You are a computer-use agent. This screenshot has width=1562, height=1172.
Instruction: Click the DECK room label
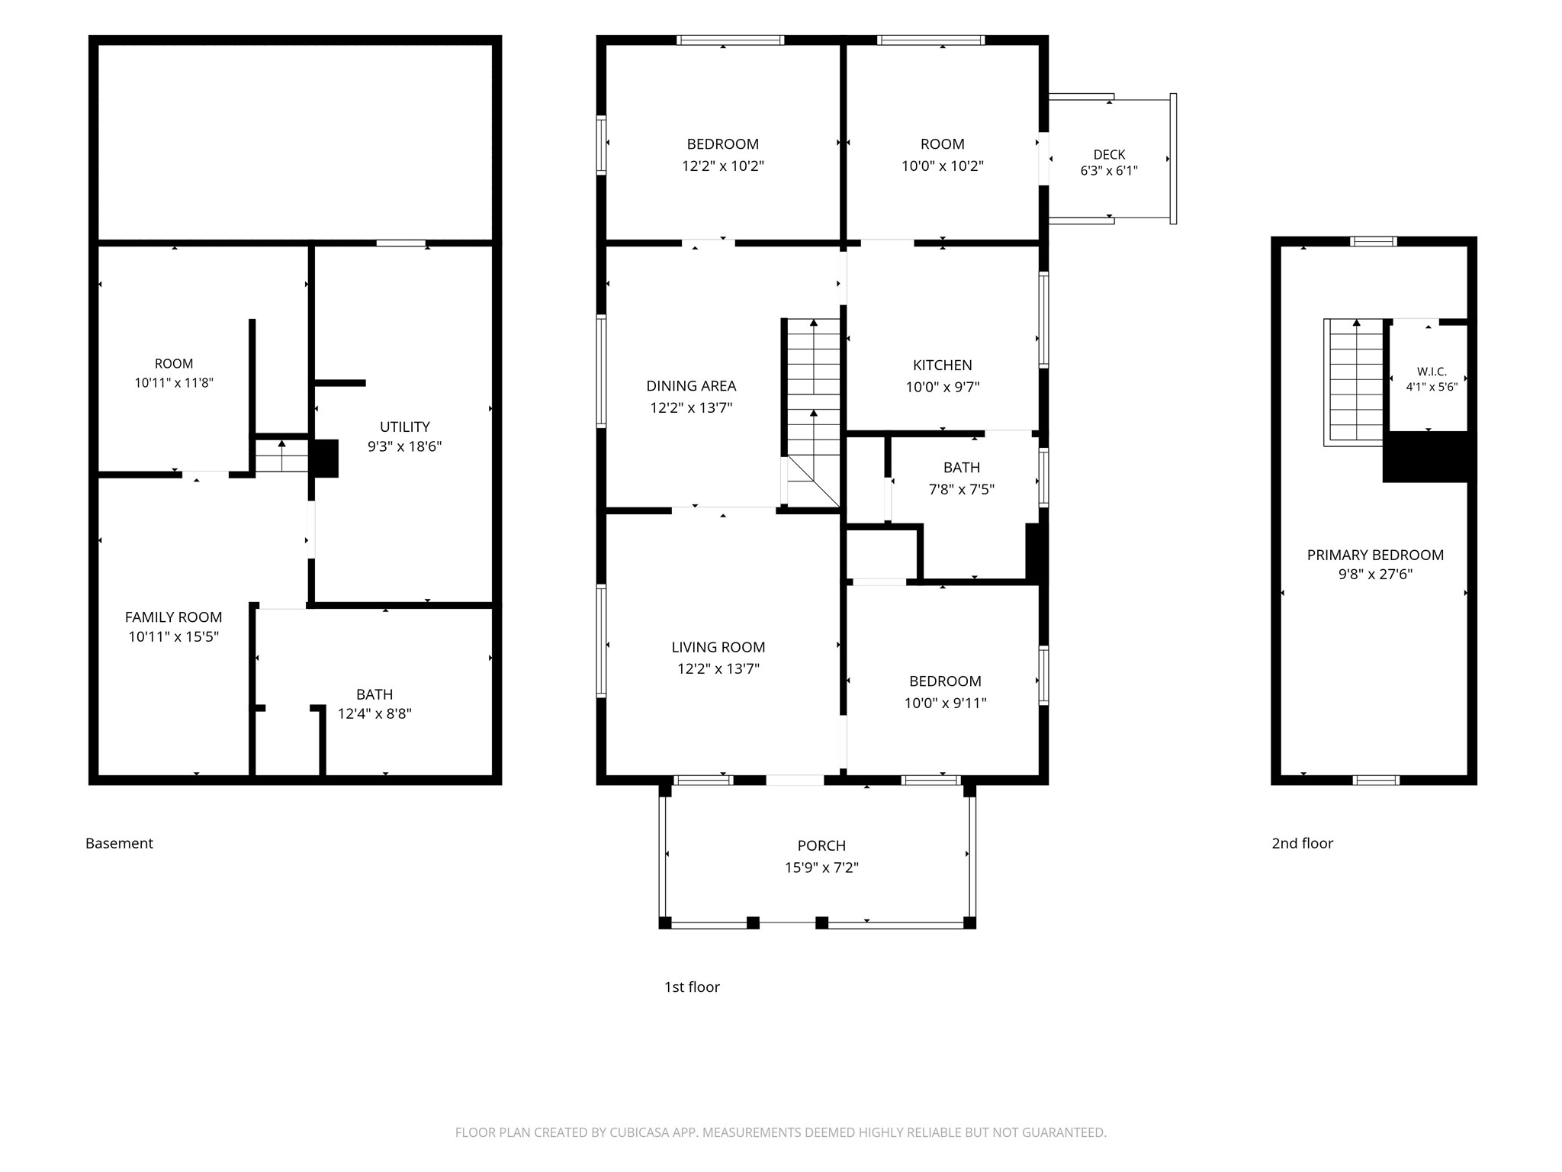tap(1109, 155)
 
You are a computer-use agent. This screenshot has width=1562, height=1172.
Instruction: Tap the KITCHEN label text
tap(943, 365)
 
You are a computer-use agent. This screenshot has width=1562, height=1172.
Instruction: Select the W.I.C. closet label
tap(1432, 372)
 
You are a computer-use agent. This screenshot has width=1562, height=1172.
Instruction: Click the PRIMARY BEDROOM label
tap(1375, 555)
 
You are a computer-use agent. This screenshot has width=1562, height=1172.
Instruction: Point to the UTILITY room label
tap(405, 427)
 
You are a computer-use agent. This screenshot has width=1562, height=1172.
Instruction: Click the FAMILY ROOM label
tap(174, 617)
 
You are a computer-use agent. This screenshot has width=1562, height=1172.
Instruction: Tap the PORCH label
tap(821, 846)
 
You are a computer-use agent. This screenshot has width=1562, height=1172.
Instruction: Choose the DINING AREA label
tap(691, 386)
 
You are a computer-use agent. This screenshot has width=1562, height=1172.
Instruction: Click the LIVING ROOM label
tap(718, 648)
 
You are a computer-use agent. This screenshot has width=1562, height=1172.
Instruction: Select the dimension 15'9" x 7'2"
tap(821, 868)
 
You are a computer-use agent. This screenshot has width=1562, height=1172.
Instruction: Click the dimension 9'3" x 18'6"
tap(405, 446)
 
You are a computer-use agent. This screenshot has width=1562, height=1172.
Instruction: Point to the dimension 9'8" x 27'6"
tap(1375, 575)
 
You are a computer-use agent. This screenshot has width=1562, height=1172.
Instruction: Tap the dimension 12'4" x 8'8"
tap(374, 714)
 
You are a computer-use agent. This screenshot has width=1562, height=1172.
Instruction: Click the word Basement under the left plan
tap(119, 843)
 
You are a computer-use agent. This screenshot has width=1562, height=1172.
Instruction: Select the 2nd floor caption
tap(1302, 843)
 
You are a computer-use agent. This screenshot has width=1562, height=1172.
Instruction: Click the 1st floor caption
tap(692, 987)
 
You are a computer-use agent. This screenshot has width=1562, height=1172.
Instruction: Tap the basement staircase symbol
tap(281, 456)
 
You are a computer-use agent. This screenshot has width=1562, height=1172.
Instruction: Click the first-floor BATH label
tap(961, 468)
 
